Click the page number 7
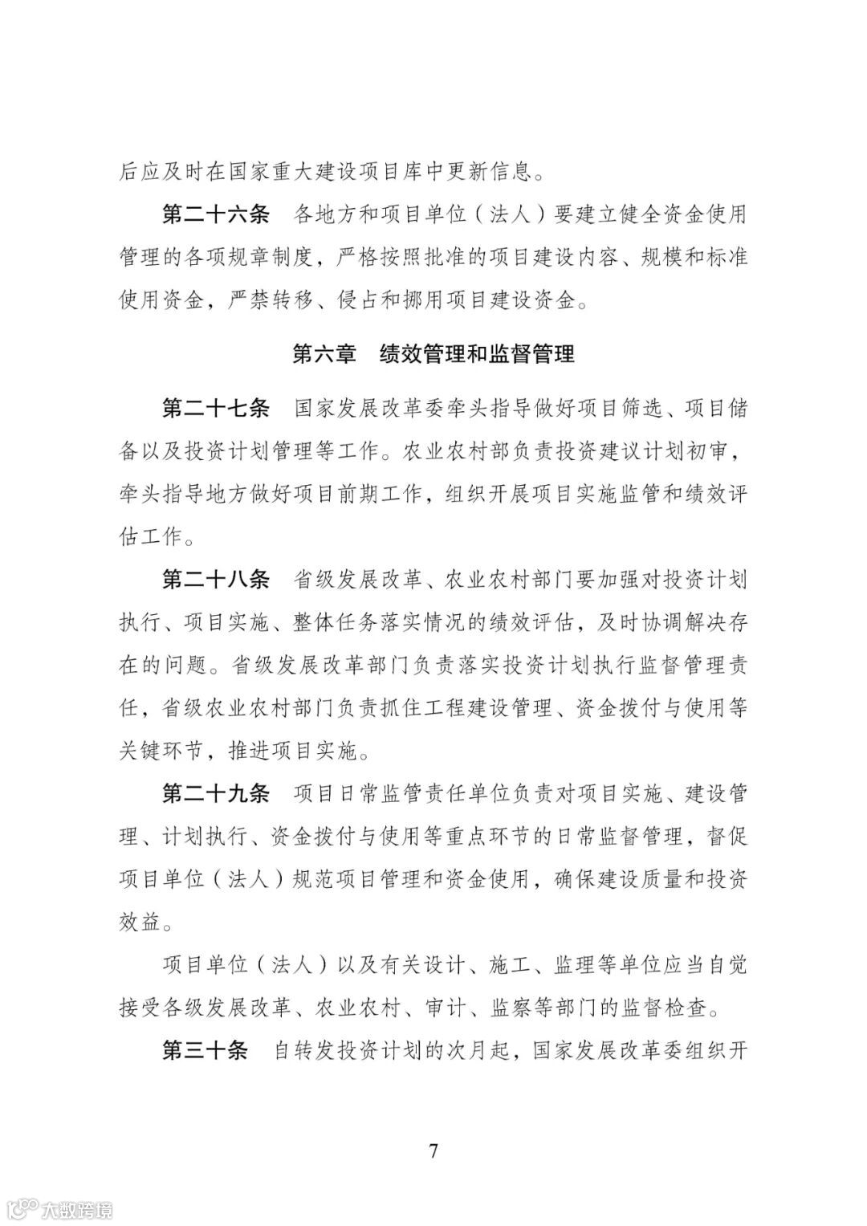tap(433, 1152)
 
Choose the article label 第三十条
tap(206, 1051)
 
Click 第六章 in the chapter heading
tap(324, 354)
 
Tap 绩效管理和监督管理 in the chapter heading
tap(477, 354)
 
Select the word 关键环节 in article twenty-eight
tap(161, 751)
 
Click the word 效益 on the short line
tap(140, 923)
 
